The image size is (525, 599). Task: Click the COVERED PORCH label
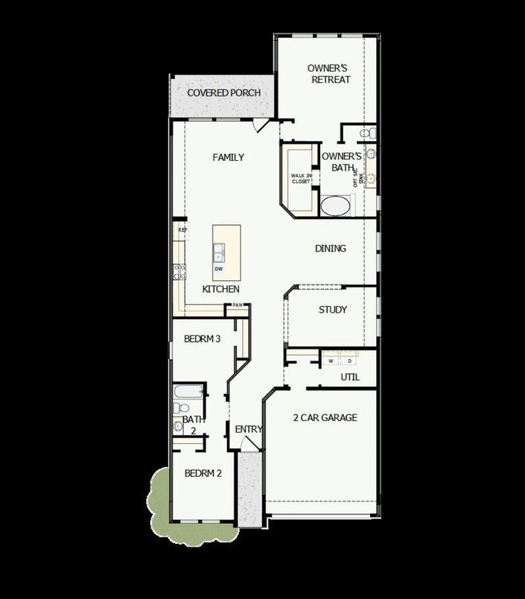[223, 93]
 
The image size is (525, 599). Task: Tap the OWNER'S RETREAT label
[328, 74]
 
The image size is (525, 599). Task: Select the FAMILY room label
[228, 157]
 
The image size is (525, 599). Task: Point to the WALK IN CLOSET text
[301, 178]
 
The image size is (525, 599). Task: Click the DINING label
[330, 248]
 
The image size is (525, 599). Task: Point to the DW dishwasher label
[219, 269]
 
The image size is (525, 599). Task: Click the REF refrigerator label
[181, 231]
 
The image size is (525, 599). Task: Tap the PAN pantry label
[238, 305]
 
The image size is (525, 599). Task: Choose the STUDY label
[332, 310]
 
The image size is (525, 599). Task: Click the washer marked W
[331, 361]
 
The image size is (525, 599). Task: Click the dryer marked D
[350, 361]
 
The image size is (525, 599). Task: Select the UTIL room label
[350, 378]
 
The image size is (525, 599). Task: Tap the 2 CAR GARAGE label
[325, 418]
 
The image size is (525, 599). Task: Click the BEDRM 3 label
[202, 339]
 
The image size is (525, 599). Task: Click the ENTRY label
[248, 429]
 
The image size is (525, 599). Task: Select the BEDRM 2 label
[202, 472]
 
